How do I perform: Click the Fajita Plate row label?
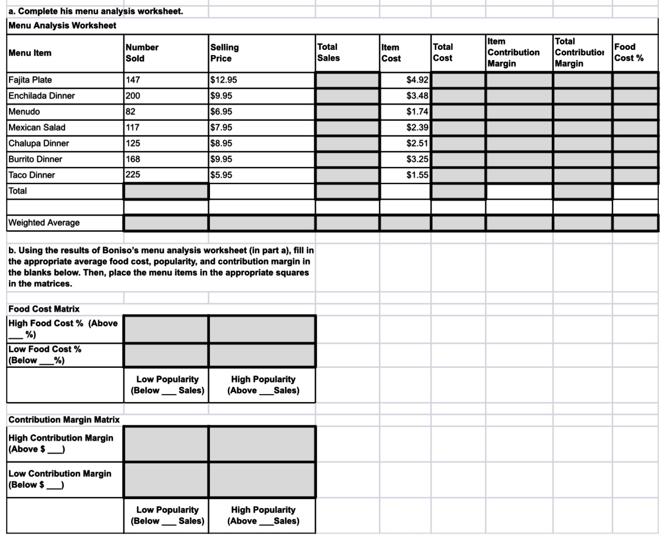coord(30,80)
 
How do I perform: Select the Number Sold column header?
coord(142,53)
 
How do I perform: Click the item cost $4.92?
coord(417,80)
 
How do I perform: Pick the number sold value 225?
coord(133,174)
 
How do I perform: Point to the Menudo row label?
coord(24,111)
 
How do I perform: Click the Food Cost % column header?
coord(628,53)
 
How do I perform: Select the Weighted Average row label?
coord(44,222)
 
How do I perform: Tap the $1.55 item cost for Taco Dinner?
coord(417,174)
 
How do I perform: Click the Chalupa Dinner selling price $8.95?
coord(221,143)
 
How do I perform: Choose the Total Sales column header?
coord(328,53)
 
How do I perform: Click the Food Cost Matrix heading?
coord(44,308)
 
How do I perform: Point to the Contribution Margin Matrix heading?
coord(64,419)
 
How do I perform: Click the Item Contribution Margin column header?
coord(513,52)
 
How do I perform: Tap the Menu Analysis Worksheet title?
coord(62,25)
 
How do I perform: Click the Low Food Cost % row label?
coord(45,355)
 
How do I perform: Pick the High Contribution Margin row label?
coord(61,443)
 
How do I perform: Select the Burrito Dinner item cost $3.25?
coord(417,159)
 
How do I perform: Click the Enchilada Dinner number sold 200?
coord(133,96)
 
